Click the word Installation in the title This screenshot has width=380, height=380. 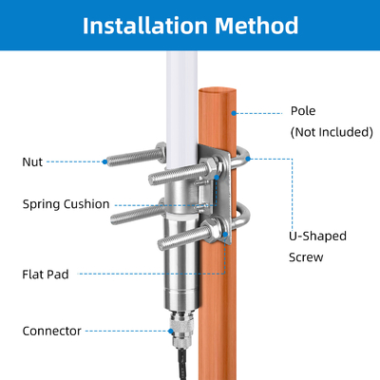click(x=145, y=26)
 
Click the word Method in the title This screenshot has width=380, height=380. click(x=256, y=26)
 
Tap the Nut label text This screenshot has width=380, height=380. click(x=32, y=161)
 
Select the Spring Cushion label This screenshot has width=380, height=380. click(x=66, y=204)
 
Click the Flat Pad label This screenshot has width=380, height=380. click(x=46, y=275)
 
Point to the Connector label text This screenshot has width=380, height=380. click(x=52, y=331)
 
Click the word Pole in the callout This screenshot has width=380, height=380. click(x=303, y=111)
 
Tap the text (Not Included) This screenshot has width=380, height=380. click(x=332, y=132)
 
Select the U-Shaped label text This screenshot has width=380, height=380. click(x=317, y=237)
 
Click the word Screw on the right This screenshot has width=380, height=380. click(x=306, y=257)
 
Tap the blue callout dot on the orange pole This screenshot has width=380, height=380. click(x=234, y=113)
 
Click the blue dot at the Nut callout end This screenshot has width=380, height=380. click(x=104, y=161)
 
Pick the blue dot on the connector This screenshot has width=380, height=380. click(x=171, y=332)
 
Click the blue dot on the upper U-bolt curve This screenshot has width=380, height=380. click(x=248, y=159)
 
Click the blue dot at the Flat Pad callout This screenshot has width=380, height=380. click(x=225, y=235)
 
